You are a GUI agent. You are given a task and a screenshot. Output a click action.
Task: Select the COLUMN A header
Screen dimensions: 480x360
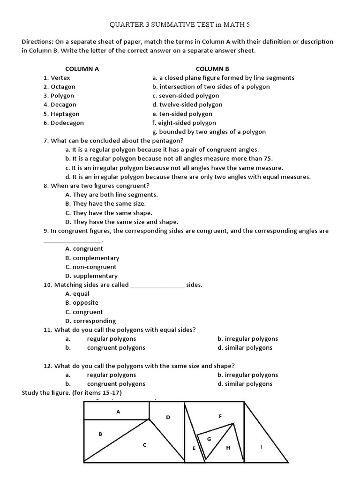pos(82,68)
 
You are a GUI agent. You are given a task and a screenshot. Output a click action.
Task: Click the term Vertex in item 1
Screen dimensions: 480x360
pos(60,78)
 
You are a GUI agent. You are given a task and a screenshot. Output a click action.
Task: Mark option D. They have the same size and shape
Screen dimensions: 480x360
pos(122,222)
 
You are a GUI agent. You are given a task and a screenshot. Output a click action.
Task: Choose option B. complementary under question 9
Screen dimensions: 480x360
pos(92,258)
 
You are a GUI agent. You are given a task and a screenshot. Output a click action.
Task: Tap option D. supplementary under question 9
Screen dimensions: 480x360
pos(91,276)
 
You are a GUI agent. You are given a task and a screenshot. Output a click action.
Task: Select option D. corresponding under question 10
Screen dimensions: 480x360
pos(90,321)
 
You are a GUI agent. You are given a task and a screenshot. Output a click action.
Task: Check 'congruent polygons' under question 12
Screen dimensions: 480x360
pos(116,384)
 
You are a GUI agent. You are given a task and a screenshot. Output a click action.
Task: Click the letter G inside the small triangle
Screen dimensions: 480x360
pos(209,439)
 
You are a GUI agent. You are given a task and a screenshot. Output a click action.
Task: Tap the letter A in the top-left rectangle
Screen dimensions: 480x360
pos(118,412)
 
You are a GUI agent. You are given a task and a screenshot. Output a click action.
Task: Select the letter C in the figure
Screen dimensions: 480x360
pos(145,445)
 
